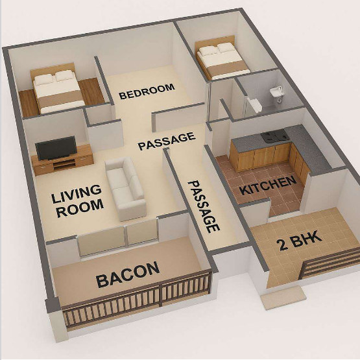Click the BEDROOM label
point(147,91)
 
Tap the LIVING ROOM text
point(77,201)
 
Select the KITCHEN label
point(268,186)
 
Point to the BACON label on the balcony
point(128,274)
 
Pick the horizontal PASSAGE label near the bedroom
point(167,141)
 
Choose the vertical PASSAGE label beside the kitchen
point(204,206)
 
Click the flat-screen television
point(56,148)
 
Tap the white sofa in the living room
point(125,188)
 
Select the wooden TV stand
point(62,160)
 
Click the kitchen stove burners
point(274,135)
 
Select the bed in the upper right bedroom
point(222,58)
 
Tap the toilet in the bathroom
point(256,105)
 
